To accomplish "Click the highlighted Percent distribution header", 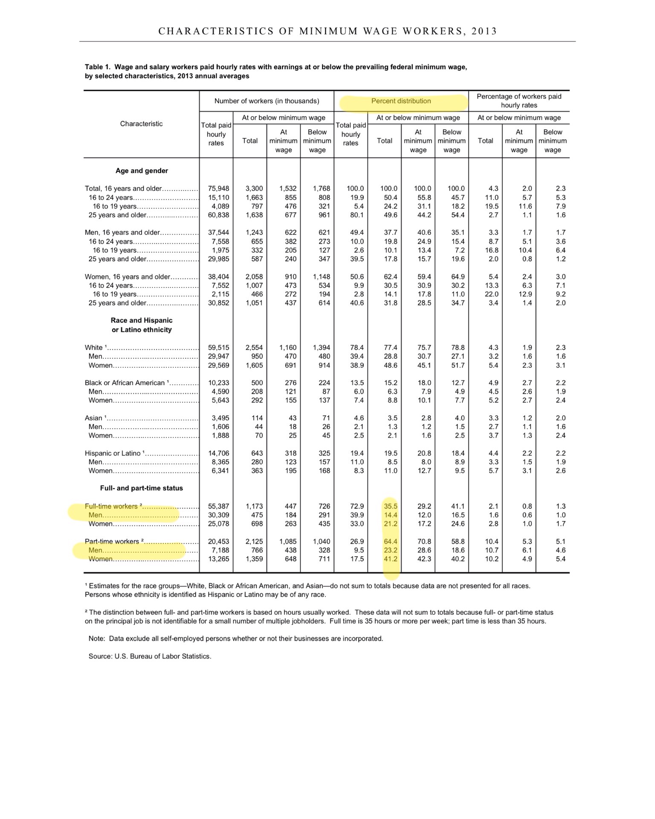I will point(401,101).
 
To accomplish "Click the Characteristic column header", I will point(141,124).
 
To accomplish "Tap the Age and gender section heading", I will point(142,171).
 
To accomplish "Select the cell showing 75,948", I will point(218,189).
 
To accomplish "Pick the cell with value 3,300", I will point(254,189).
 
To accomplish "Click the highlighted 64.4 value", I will point(390,541).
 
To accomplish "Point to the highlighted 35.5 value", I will point(390,506).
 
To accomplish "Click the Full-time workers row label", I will point(111,506).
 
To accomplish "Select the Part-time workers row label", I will point(112,541).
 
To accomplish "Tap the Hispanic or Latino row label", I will point(113,453).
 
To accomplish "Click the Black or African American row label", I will point(125,383).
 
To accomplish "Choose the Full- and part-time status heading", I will point(141,488).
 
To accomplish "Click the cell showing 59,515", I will point(218,348).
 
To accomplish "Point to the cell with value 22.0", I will point(491,294).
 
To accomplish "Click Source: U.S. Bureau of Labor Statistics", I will point(150,656).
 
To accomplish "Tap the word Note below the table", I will point(96,639).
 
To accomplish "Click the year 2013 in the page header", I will point(484,31).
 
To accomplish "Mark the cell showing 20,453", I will point(218,541).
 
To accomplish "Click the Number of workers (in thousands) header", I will point(267,101).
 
